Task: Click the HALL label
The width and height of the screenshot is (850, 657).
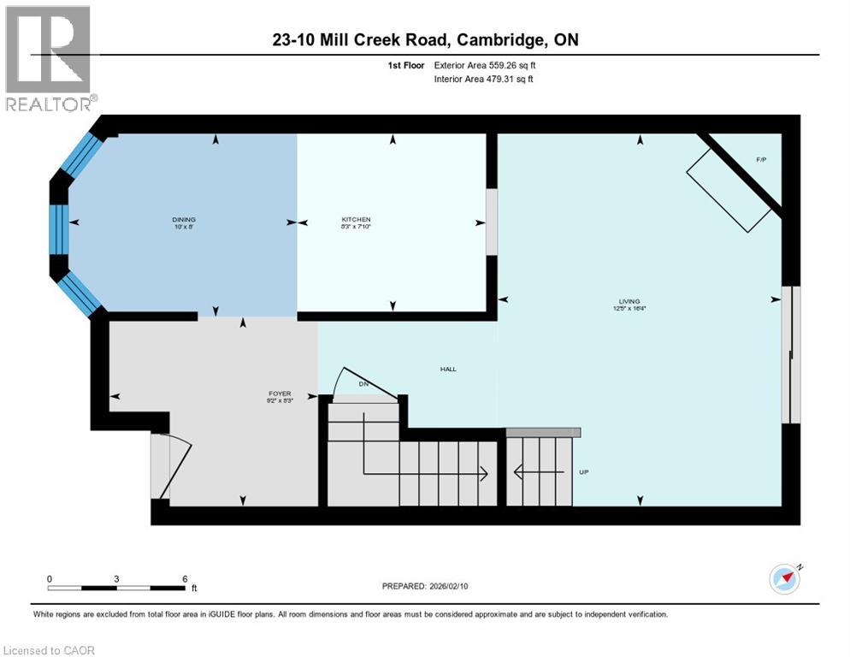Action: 448,370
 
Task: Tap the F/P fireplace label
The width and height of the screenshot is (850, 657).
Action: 761,160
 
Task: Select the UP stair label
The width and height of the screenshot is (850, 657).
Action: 585,472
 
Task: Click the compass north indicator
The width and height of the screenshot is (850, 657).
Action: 784,578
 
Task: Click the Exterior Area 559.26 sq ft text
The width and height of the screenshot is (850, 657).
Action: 485,65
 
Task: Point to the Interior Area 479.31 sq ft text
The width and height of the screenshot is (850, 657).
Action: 483,80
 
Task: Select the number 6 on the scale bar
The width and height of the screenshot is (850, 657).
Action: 185,578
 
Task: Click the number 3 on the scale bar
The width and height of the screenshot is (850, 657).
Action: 116,578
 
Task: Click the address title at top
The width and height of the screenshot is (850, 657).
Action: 425,40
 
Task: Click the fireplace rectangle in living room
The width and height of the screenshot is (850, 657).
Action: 728,190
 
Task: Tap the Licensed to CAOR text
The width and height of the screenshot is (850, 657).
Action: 48,650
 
